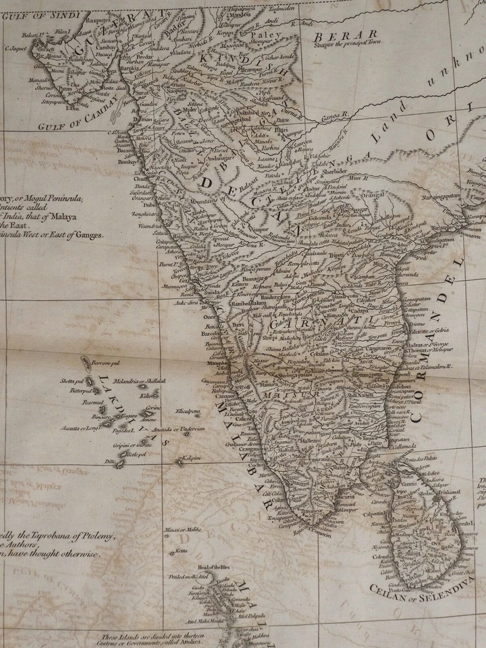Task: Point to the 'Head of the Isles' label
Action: [214, 567]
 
